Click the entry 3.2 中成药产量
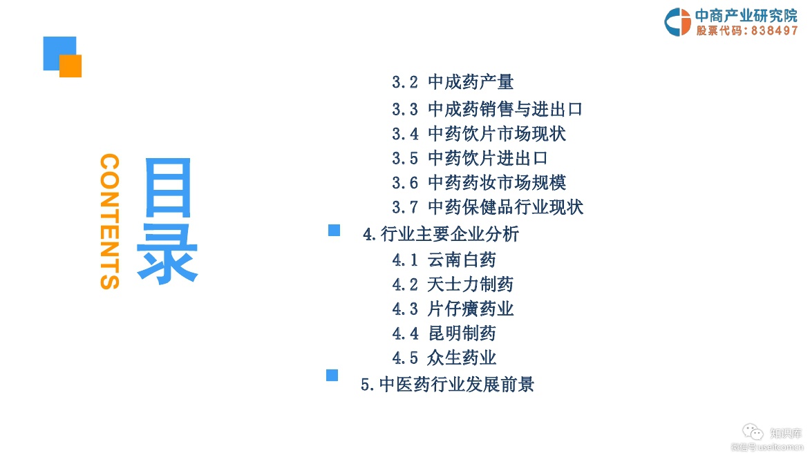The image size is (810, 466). coord(453,83)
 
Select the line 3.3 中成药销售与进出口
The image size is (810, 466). coord(487,109)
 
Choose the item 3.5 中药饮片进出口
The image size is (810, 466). coord(470,158)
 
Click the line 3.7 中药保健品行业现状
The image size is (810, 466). coord(487,207)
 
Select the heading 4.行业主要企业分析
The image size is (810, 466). coord(441,235)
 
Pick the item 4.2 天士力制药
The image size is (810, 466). coord(453,284)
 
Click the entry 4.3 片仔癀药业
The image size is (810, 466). coord(453,309)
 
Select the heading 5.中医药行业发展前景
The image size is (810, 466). coord(447,385)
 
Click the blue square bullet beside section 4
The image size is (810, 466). coord(334,231)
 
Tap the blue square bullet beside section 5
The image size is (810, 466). coord(332,375)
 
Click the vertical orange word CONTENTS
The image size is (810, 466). coord(110,221)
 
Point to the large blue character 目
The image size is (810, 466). coord(168,188)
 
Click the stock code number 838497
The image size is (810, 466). coord(773,31)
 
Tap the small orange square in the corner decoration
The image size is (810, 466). coord(70,66)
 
